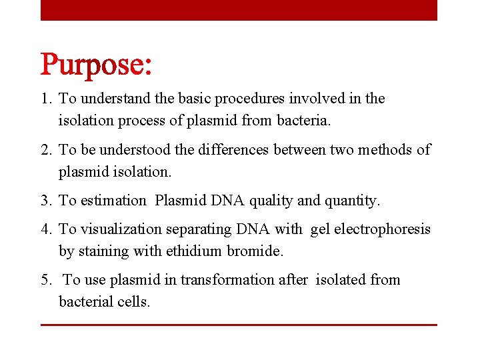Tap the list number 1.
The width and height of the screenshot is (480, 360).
(45, 99)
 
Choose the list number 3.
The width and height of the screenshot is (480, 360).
(45, 201)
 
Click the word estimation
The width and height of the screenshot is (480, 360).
(113, 201)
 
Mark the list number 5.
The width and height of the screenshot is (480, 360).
(45, 280)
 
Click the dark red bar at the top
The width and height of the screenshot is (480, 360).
(239, 10)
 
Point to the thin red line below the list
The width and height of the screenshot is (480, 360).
(239, 325)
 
